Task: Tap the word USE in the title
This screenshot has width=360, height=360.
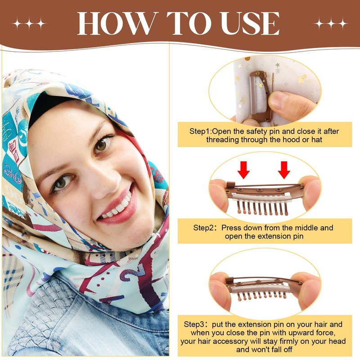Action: (250, 23)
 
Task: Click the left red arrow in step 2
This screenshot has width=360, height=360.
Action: (243, 170)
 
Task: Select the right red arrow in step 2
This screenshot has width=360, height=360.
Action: (284, 170)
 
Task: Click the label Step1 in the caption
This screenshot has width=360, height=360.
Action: (199, 131)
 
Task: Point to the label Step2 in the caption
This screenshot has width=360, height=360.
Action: (203, 228)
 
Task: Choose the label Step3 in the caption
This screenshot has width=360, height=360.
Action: (194, 324)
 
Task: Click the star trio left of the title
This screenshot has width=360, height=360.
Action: (29, 24)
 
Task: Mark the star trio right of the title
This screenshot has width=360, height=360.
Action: (331, 24)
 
